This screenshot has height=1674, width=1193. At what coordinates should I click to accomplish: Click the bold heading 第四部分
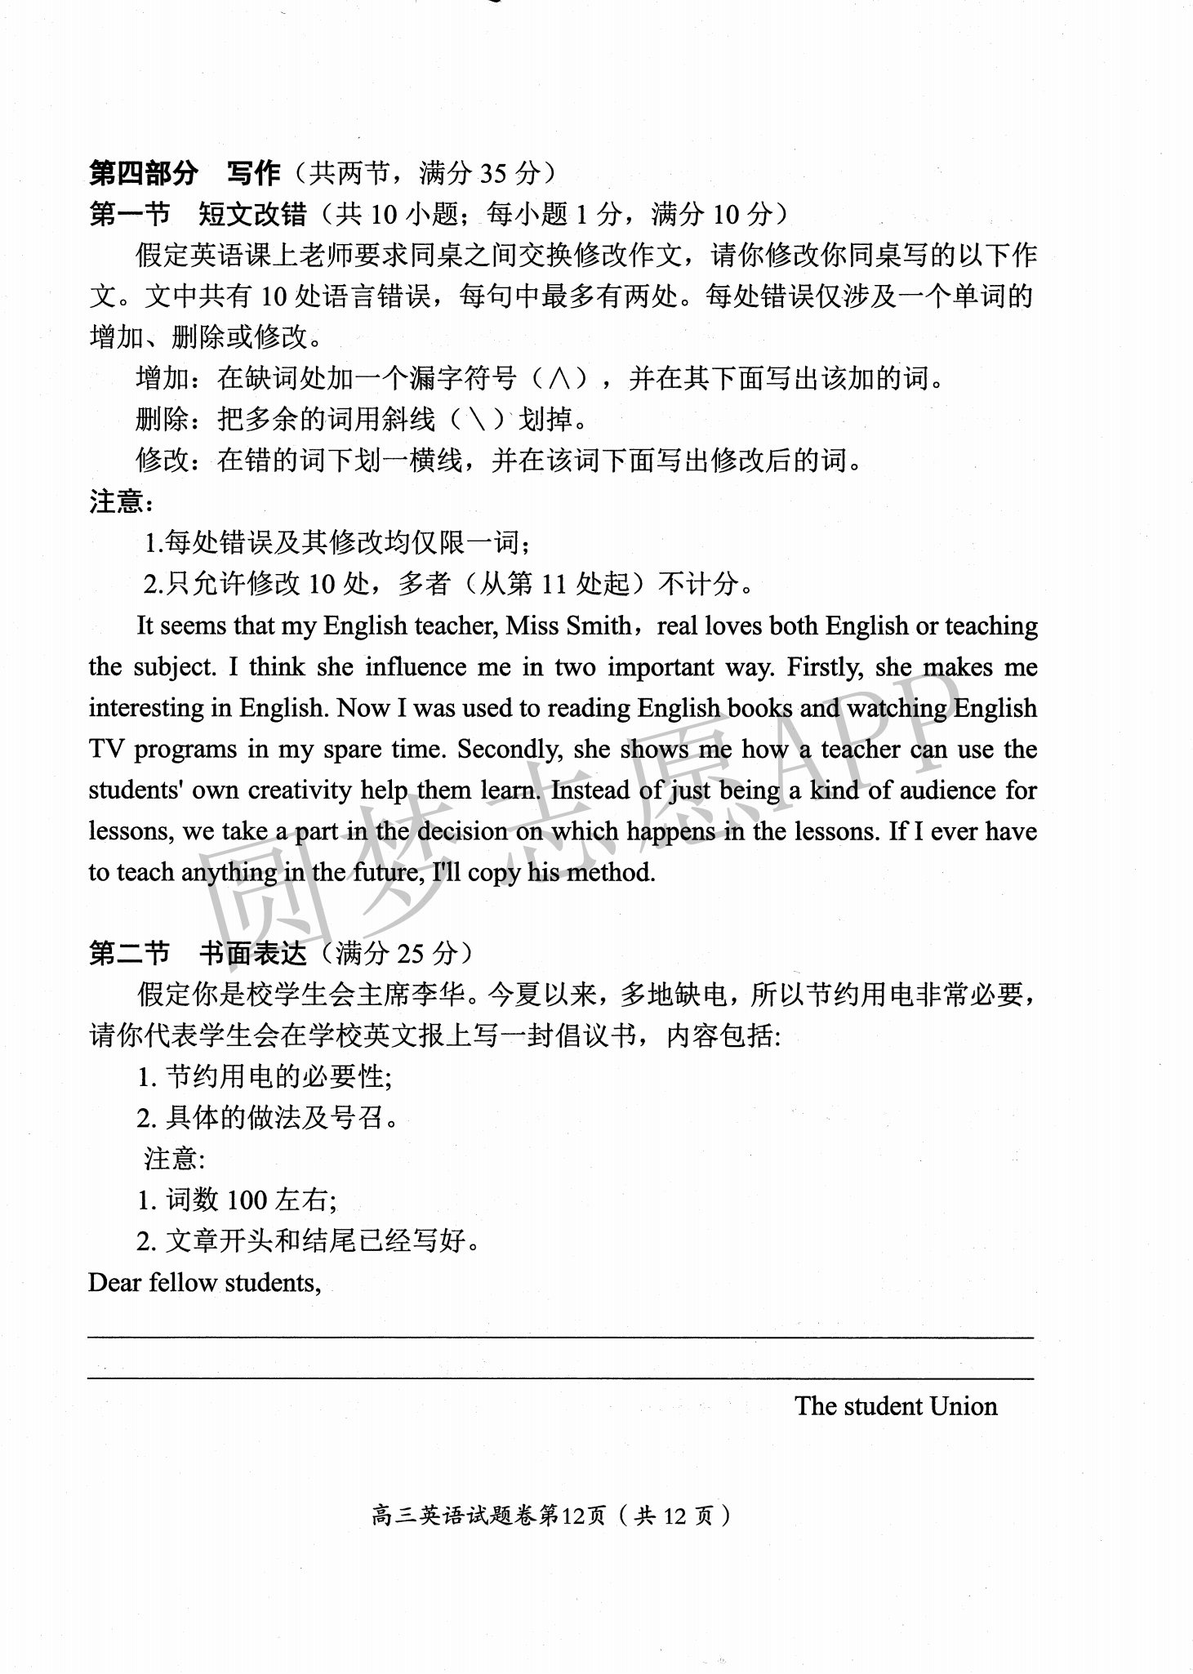(144, 173)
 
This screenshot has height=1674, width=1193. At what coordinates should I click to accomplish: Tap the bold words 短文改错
(252, 215)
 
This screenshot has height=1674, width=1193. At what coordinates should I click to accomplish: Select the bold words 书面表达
(252, 953)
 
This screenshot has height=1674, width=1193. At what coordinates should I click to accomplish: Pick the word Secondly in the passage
(509, 750)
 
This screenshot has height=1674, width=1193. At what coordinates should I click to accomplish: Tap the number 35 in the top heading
(494, 173)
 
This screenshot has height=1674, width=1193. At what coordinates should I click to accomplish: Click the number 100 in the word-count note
(247, 1200)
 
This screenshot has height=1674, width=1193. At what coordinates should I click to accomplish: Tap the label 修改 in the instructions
(162, 461)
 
